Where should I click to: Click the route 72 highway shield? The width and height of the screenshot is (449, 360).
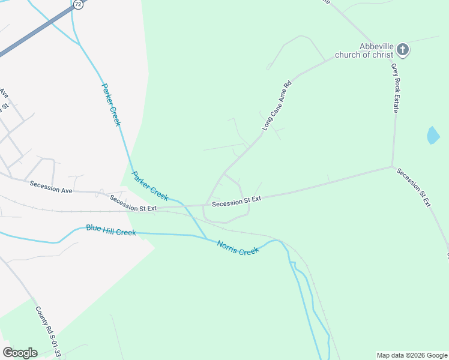[x=77, y=4]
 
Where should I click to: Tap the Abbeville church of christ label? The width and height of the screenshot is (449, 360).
[x=376, y=50]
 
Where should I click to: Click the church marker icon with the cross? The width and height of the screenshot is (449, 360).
[x=403, y=50]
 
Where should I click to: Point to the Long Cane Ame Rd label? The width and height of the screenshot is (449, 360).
[x=276, y=106]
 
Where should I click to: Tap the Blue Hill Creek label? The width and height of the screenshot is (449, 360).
[x=110, y=230]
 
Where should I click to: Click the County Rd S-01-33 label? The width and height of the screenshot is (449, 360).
[x=48, y=332]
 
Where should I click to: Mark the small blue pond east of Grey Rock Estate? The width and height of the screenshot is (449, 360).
[x=433, y=135]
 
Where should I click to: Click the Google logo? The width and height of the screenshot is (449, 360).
[x=20, y=352]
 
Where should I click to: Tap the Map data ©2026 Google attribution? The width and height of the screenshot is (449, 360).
[x=412, y=355]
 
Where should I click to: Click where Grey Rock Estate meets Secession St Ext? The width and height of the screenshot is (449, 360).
[x=393, y=166]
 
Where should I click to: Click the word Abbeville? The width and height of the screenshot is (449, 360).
[x=376, y=46]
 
